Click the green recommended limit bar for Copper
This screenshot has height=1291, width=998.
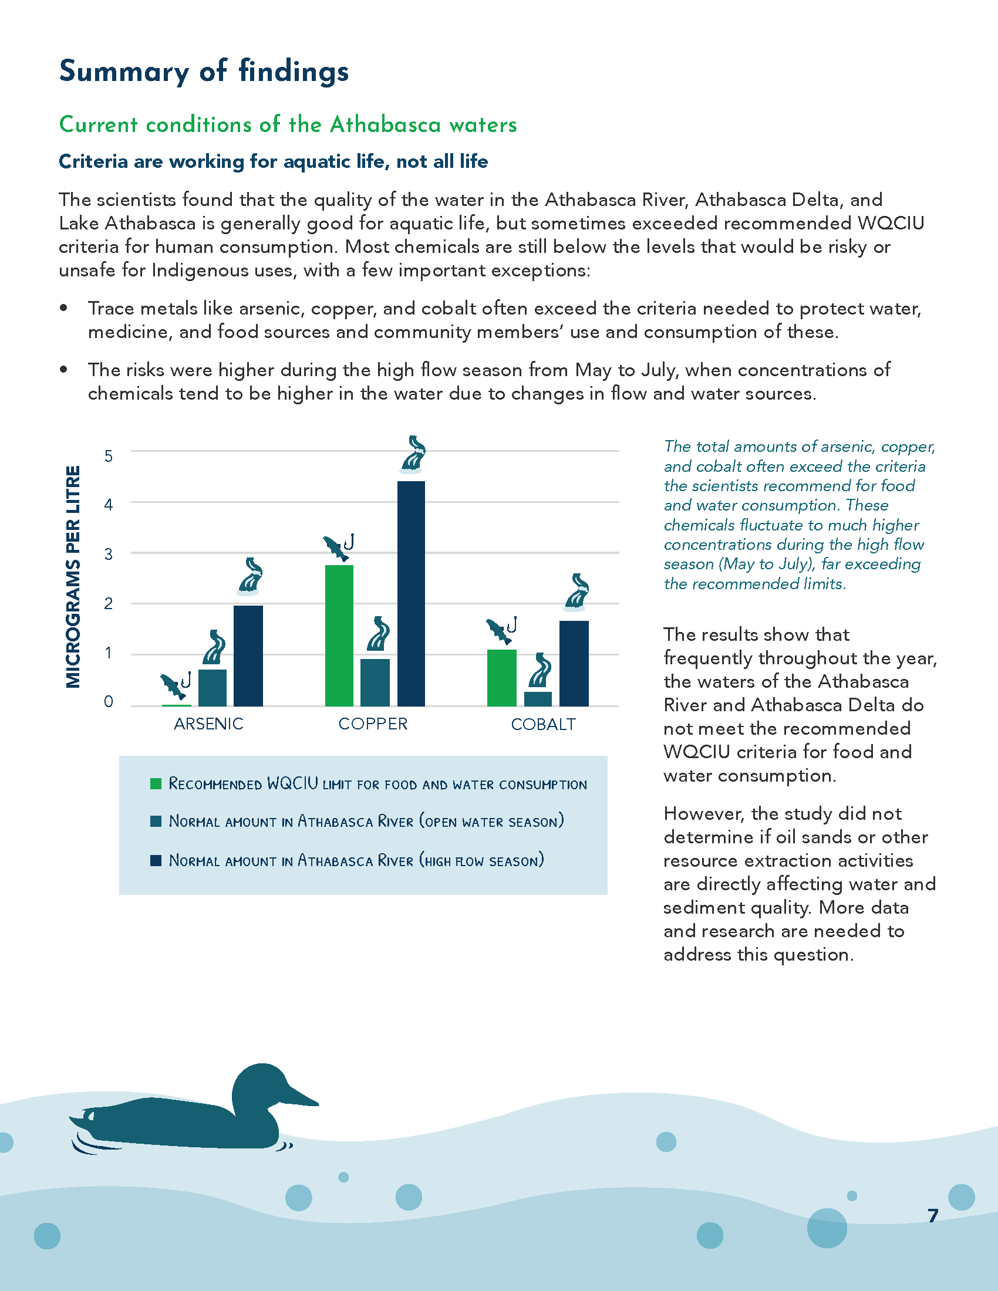[x=339, y=636]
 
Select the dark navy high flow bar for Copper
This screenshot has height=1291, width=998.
[x=411, y=593]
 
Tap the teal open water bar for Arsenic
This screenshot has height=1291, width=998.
[x=213, y=688]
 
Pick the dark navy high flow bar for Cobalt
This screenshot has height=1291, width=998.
[x=574, y=663]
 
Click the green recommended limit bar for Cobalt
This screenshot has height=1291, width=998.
[x=502, y=678]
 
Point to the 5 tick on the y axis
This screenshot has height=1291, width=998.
[x=109, y=456]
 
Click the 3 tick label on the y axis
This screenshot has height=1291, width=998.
[x=109, y=554]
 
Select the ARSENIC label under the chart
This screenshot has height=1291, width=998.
[x=209, y=724]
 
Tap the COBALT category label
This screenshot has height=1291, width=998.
[x=544, y=724]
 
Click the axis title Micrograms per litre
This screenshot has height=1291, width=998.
[x=73, y=577]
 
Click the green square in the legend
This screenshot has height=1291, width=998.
[x=156, y=784]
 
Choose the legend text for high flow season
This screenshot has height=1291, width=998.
[x=356, y=860]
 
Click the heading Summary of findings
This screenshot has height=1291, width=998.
[x=204, y=72]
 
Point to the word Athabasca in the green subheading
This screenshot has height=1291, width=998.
[x=386, y=125]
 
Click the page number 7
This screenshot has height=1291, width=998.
[x=933, y=1215]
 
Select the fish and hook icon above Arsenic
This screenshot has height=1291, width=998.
[x=176, y=685]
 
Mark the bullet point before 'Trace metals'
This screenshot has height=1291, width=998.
[x=63, y=308]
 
